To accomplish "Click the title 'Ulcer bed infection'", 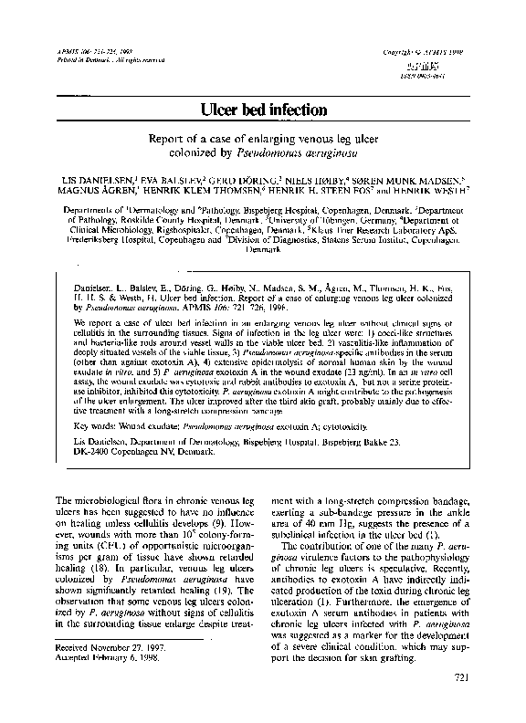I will [x=263, y=110].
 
